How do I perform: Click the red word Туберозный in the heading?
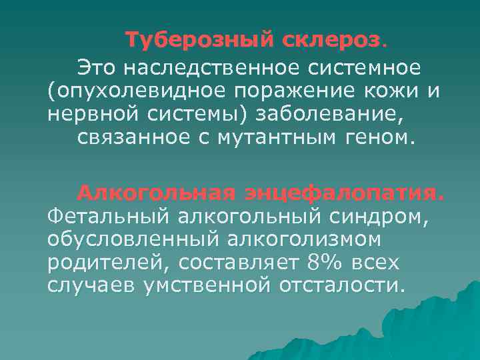[x=189, y=41]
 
